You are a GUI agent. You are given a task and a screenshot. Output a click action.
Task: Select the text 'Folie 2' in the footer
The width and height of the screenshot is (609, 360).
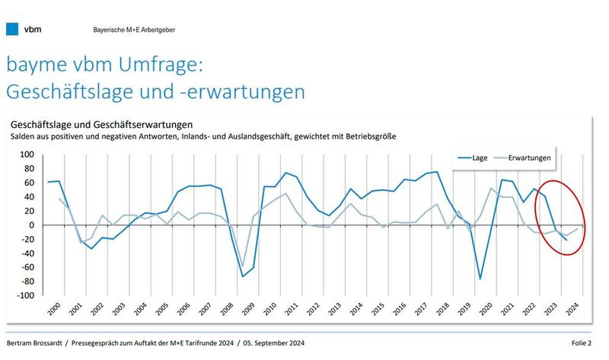pos(587,342)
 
